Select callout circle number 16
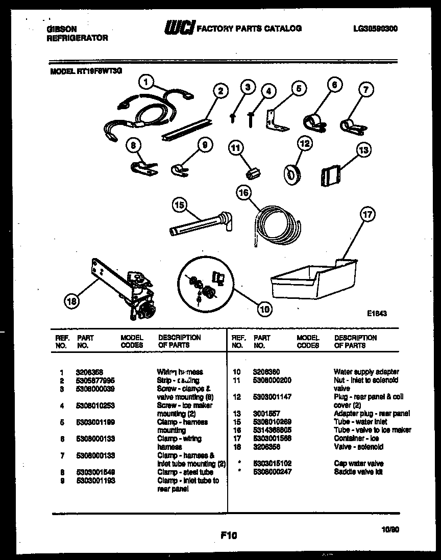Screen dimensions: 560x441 coord(244,192)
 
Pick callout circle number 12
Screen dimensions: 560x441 coord(305,144)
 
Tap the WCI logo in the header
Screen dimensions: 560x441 coord(179,29)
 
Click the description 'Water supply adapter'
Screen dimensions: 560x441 coord(366,372)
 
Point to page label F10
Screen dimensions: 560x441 coord(229,535)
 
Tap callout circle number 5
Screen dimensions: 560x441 coord(299,88)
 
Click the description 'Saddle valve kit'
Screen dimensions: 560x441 coord(357,472)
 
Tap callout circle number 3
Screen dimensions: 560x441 coord(247,87)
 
